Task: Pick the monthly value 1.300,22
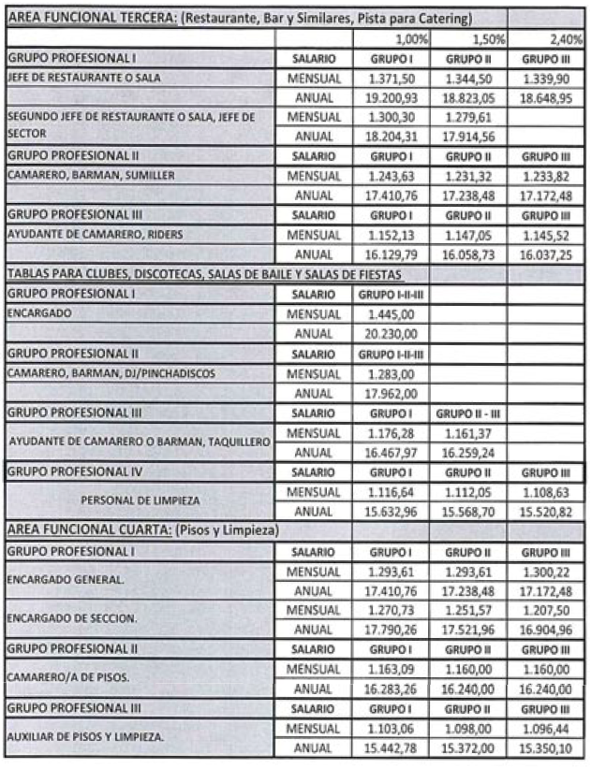[x=551, y=571]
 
